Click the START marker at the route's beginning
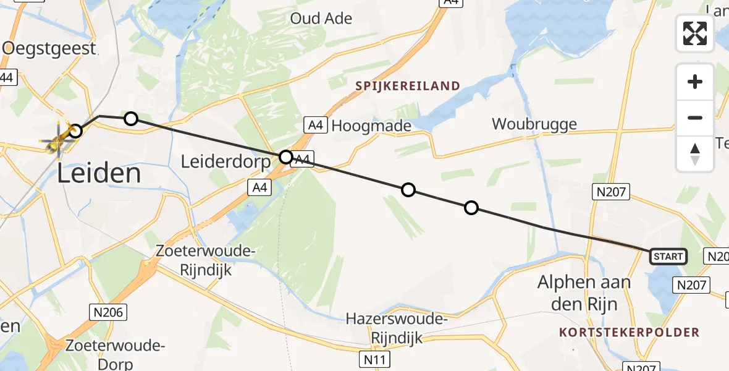coord(668,257)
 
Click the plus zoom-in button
coord(695,82)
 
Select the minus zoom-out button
coord(695,117)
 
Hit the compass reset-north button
coord(695,153)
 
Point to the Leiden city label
coord(99,174)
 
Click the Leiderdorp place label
coord(225,162)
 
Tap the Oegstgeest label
coord(49,48)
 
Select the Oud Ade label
coord(321,19)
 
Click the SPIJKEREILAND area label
coord(408,86)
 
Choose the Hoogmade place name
coord(371,126)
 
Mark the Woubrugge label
coord(534,124)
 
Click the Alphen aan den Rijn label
coord(584,293)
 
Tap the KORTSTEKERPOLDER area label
coord(629,333)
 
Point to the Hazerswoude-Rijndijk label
coord(397,328)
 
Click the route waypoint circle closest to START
coord(471,208)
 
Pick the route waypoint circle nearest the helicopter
coord(75,131)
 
